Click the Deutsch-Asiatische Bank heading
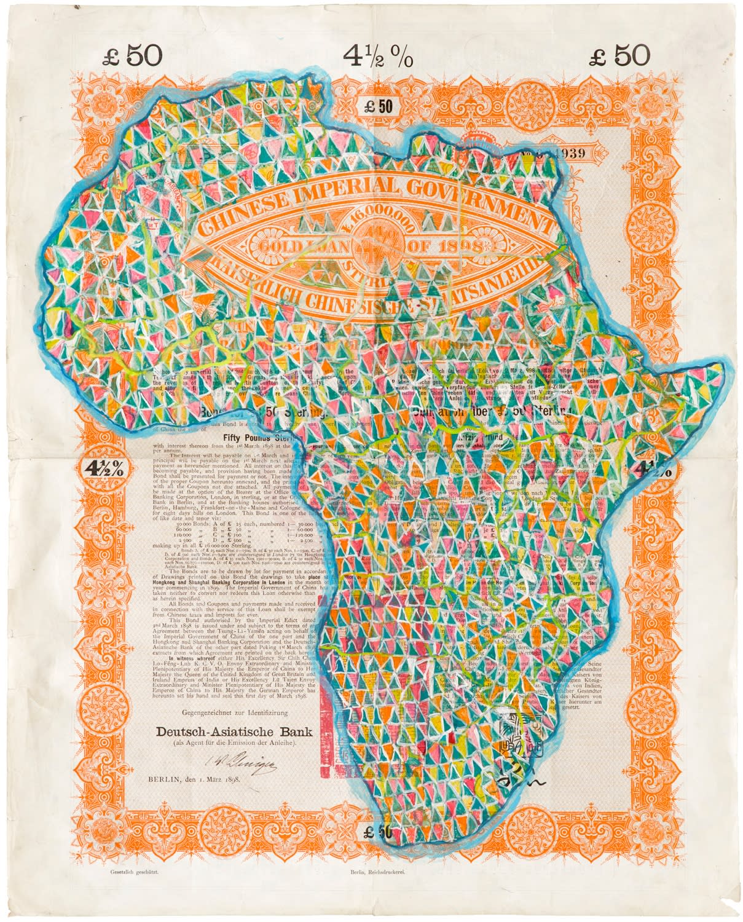click(x=234, y=732)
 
